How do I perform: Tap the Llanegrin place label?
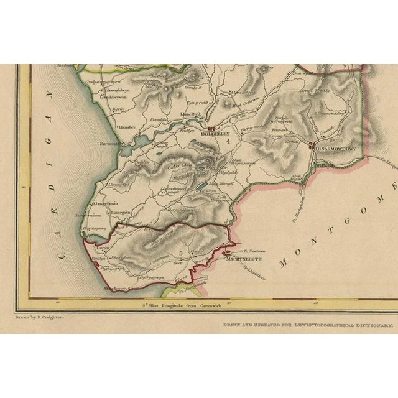[122, 212]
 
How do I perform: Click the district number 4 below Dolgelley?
[228, 142]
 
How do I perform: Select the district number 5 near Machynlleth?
[180, 252]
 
